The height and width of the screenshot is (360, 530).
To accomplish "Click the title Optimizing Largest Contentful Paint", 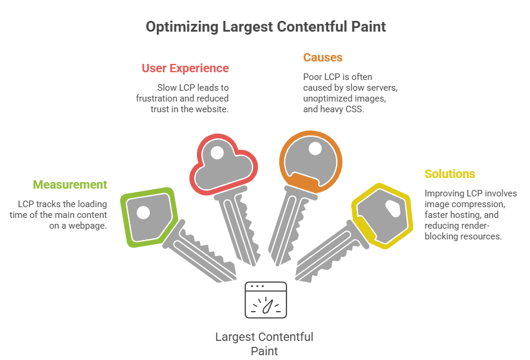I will (266, 27).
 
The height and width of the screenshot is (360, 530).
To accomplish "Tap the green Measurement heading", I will (70, 184).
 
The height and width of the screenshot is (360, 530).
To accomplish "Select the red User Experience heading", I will (185, 68).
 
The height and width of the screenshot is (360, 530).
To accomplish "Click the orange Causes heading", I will (322, 57).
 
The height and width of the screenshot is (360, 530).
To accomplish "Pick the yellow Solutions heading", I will (449, 174).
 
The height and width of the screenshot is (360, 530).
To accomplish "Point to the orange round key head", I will (310, 160).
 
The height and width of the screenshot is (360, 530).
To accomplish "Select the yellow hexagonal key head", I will (382, 216).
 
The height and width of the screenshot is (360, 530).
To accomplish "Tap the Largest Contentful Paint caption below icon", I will (264, 344).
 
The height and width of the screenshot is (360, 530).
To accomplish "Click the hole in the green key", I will (143, 212).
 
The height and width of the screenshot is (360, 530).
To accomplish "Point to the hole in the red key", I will (217, 152).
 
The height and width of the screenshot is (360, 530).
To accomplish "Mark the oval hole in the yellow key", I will (393, 208).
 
